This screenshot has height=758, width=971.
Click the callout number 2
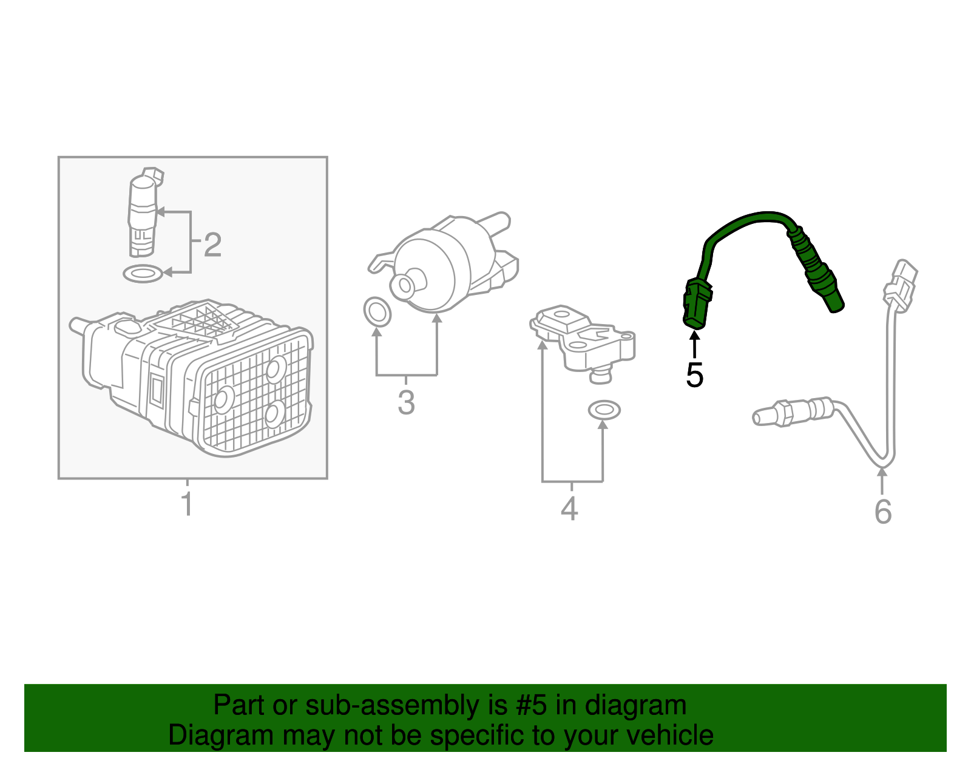212,245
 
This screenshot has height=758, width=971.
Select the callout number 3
406,403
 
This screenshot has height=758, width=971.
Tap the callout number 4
569,509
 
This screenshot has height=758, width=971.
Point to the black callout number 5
694,376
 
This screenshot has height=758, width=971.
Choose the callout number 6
883,512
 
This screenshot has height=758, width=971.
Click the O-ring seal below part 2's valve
143,274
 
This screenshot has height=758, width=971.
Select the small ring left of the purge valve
377,312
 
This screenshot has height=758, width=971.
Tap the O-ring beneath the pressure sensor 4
604,410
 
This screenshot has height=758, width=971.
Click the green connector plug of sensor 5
697,303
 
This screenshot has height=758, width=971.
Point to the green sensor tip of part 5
834,301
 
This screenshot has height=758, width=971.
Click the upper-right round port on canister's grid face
276,369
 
